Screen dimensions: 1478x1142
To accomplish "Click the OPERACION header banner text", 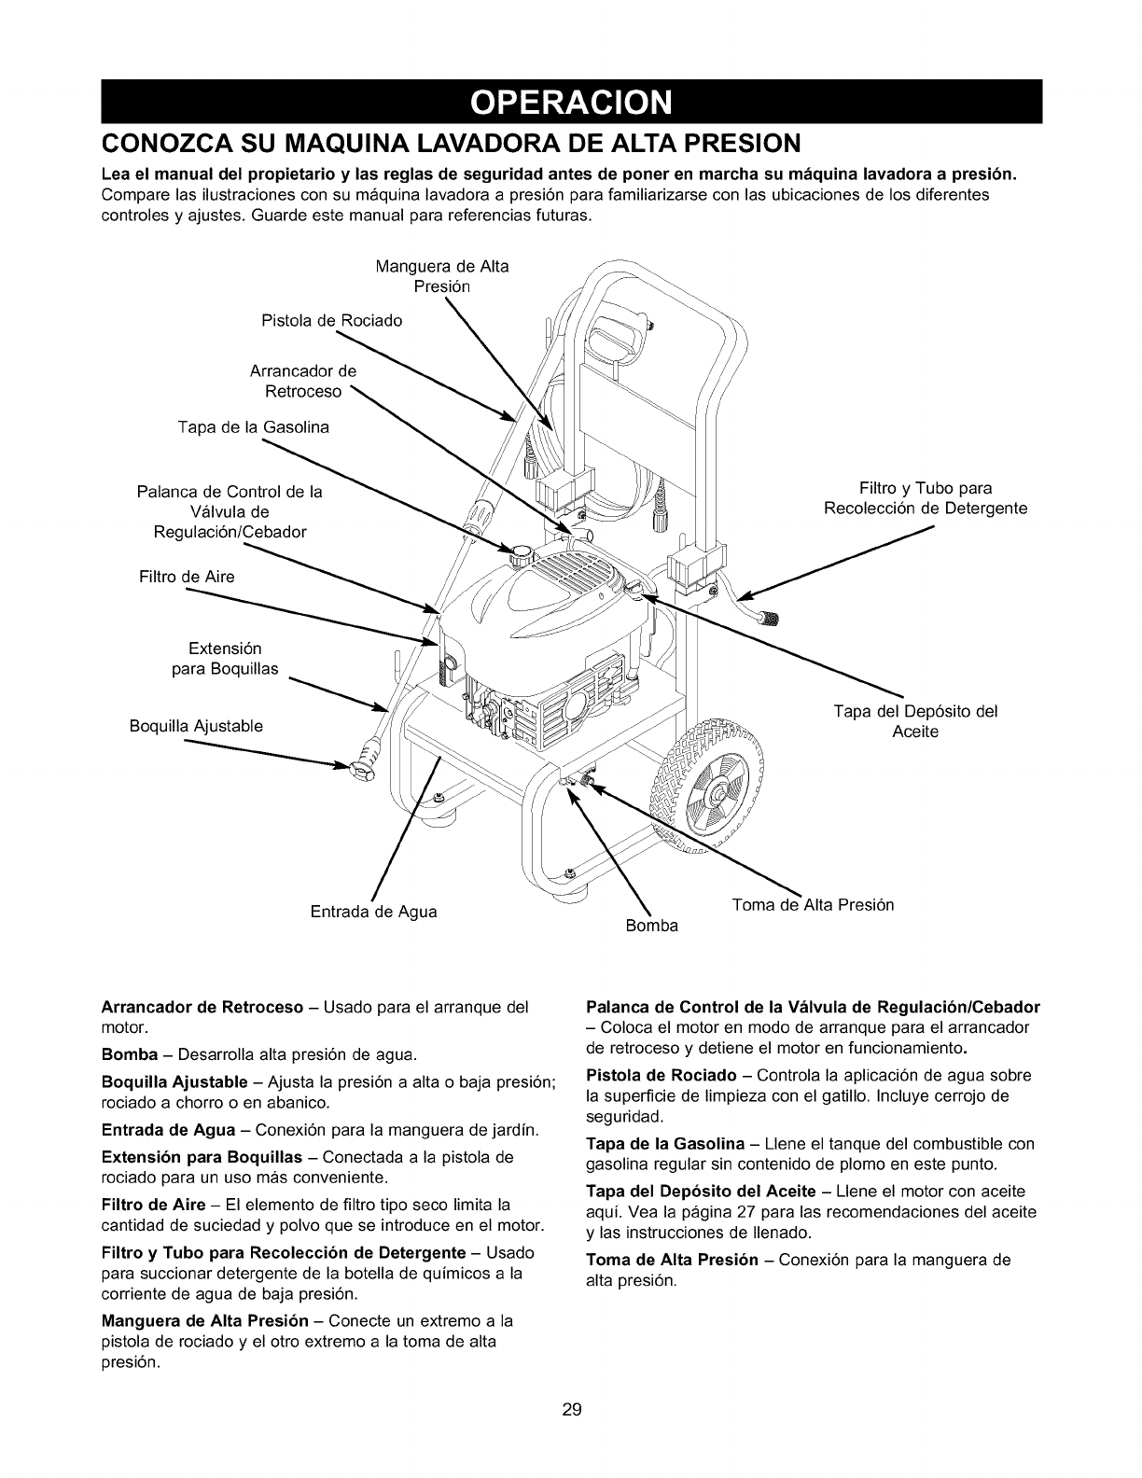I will (570, 102).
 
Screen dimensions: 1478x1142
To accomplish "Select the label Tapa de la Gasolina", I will (253, 427).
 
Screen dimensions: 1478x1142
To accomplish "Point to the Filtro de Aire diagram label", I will (187, 577).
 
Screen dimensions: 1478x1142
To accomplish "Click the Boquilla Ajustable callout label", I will (196, 726).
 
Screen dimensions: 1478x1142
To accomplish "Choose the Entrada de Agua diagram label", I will (373, 911).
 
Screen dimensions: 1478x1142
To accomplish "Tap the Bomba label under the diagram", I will (652, 927).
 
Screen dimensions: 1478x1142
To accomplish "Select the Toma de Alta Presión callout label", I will (813, 904).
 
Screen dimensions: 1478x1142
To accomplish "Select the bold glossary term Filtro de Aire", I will (153, 1205).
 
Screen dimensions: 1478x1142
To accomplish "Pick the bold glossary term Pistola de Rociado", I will (661, 1075).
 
